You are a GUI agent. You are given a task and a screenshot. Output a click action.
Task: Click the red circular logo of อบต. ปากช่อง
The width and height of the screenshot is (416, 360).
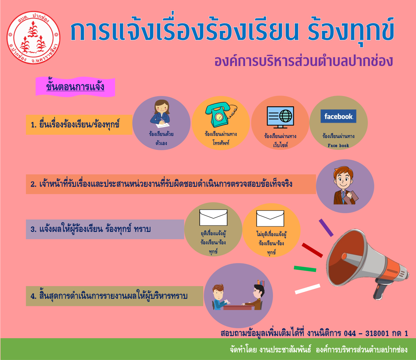coord(33,37)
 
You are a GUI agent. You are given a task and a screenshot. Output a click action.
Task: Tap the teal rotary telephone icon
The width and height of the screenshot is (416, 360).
coord(221,114)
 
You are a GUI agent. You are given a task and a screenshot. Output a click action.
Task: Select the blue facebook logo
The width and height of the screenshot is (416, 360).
coord(338,116)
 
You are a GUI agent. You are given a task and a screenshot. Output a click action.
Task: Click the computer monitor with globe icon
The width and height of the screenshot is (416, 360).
coord(280,117)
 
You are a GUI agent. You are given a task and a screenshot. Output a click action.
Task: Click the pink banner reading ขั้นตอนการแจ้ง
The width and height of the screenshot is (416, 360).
coord(75,87)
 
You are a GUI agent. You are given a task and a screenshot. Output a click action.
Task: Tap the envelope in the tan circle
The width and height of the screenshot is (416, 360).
coord(213,217)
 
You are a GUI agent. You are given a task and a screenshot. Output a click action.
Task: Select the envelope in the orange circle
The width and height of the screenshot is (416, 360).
coord(270,218)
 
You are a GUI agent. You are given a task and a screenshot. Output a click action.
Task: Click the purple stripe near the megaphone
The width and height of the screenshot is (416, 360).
coord(326,228)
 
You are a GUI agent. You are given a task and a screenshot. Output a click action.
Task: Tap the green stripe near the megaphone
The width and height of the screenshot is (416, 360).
coord(305,269)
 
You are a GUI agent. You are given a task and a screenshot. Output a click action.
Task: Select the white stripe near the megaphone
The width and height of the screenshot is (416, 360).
coord(307,289)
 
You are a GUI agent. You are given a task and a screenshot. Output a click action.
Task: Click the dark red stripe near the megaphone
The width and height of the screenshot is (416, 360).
coord(312,250)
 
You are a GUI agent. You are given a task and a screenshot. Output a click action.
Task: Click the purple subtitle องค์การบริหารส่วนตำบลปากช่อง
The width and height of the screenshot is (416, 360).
coord(304,61)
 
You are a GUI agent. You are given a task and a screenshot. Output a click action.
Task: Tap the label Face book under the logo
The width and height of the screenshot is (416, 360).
coord(338,146)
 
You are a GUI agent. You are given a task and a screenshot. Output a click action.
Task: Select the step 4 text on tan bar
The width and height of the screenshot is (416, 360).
coord(109,296)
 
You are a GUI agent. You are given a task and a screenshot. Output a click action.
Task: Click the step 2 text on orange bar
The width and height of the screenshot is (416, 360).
coord(161,184)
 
